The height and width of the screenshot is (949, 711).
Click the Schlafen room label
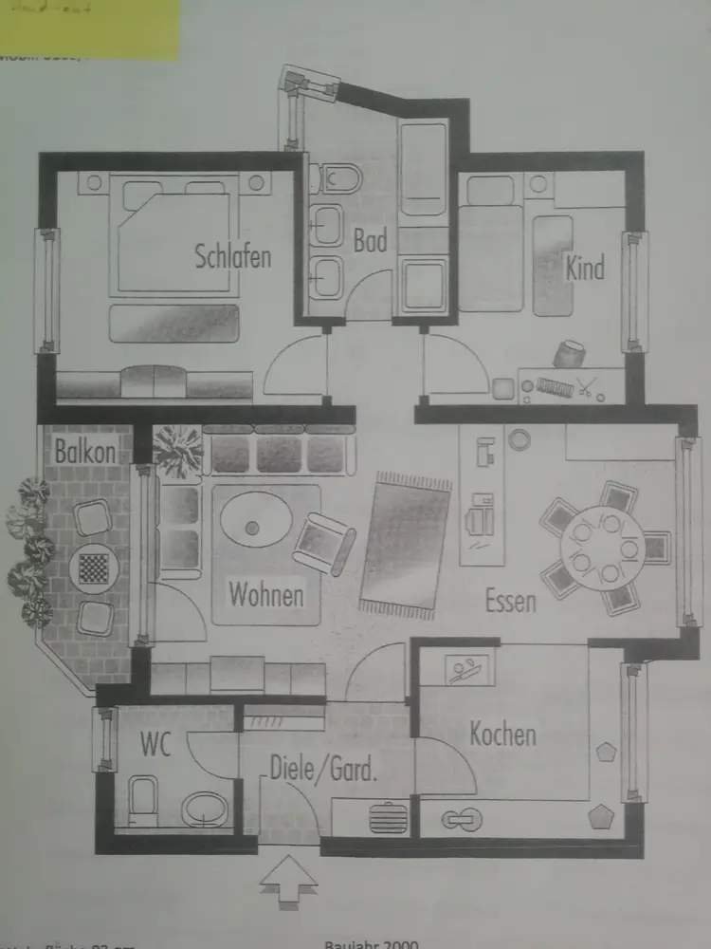click(233, 256)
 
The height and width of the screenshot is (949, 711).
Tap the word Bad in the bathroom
click(371, 241)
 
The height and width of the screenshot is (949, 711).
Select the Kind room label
click(584, 269)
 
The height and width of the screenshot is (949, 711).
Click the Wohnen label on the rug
click(266, 595)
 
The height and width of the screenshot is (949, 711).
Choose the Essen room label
click(511, 600)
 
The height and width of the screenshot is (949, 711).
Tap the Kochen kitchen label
click(502, 734)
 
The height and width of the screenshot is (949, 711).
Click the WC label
click(155, 746)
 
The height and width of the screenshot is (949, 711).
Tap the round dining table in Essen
click(602, 549)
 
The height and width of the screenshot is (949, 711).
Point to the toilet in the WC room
click(144, 800)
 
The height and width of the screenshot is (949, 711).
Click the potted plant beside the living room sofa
click(176, 451)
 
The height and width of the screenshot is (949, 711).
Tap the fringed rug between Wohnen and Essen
click(407, 546)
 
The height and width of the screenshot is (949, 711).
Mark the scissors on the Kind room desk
click(586, 387)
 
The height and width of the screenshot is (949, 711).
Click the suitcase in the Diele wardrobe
click(388, 817)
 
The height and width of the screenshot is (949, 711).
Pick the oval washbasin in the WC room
click(205, 810)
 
